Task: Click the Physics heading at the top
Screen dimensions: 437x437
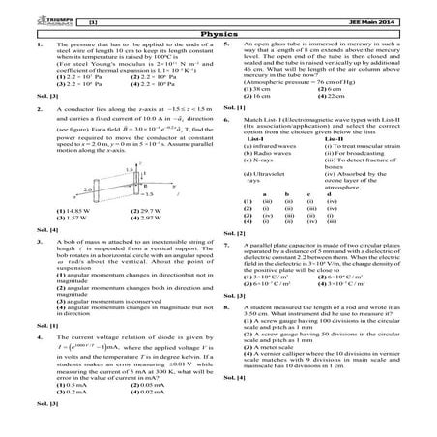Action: click(x=218, y=31)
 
